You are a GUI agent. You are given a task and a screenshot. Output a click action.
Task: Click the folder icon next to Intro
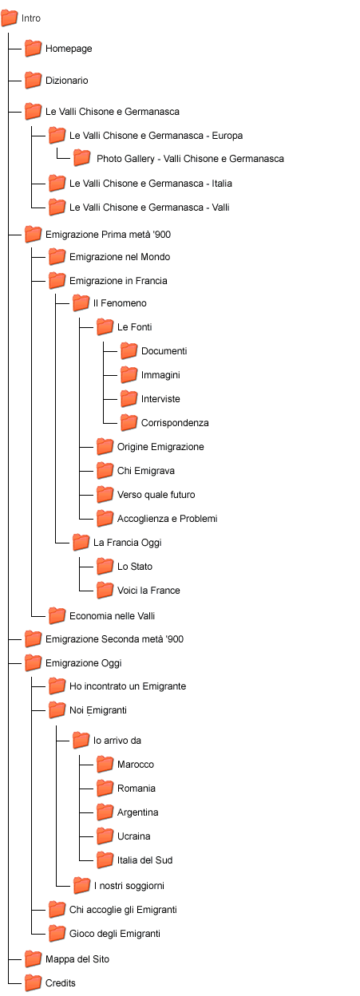click(x=10, y=18)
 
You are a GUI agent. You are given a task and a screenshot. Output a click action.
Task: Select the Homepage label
click(x=69, y=49)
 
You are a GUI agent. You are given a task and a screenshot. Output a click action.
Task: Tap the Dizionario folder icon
click(x=34, y=80)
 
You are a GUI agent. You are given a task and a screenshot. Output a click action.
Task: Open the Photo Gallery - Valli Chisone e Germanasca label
click(x=190, y=159)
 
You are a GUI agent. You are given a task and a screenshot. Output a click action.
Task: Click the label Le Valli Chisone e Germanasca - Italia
click(x=150, y=184)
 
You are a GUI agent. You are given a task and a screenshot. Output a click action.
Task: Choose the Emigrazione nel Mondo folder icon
click(x=57, y=256)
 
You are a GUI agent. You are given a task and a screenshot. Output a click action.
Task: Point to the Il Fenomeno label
click(x=120, y=303)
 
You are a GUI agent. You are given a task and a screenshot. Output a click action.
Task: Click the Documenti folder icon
click(x=129, y=351)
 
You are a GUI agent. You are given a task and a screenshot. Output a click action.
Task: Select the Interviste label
click(x=160, y=399)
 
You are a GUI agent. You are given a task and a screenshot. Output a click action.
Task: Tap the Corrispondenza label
click(x=175, y=423)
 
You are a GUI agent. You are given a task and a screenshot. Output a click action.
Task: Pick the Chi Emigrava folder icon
click(x=105, y=470)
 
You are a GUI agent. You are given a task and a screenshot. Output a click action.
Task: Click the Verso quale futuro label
click(x=156, y=495)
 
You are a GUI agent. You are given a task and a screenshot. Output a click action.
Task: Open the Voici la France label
click(x=148, y=591)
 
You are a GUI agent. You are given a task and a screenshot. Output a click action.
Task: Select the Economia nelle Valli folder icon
click(x=57, y=616)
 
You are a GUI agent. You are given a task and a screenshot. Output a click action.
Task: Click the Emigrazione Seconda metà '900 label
click(x=114, y=639)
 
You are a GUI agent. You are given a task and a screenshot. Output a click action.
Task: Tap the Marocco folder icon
click(x=105, y=765)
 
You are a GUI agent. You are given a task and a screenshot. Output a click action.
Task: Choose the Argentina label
click(x=137, y=812)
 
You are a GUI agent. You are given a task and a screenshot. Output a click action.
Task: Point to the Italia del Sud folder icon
click(x=105, y=860)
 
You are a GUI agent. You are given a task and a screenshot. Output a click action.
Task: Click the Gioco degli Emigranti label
click(x=115, y=934)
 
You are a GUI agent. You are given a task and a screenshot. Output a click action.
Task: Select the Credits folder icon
click(x=34, y=982)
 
